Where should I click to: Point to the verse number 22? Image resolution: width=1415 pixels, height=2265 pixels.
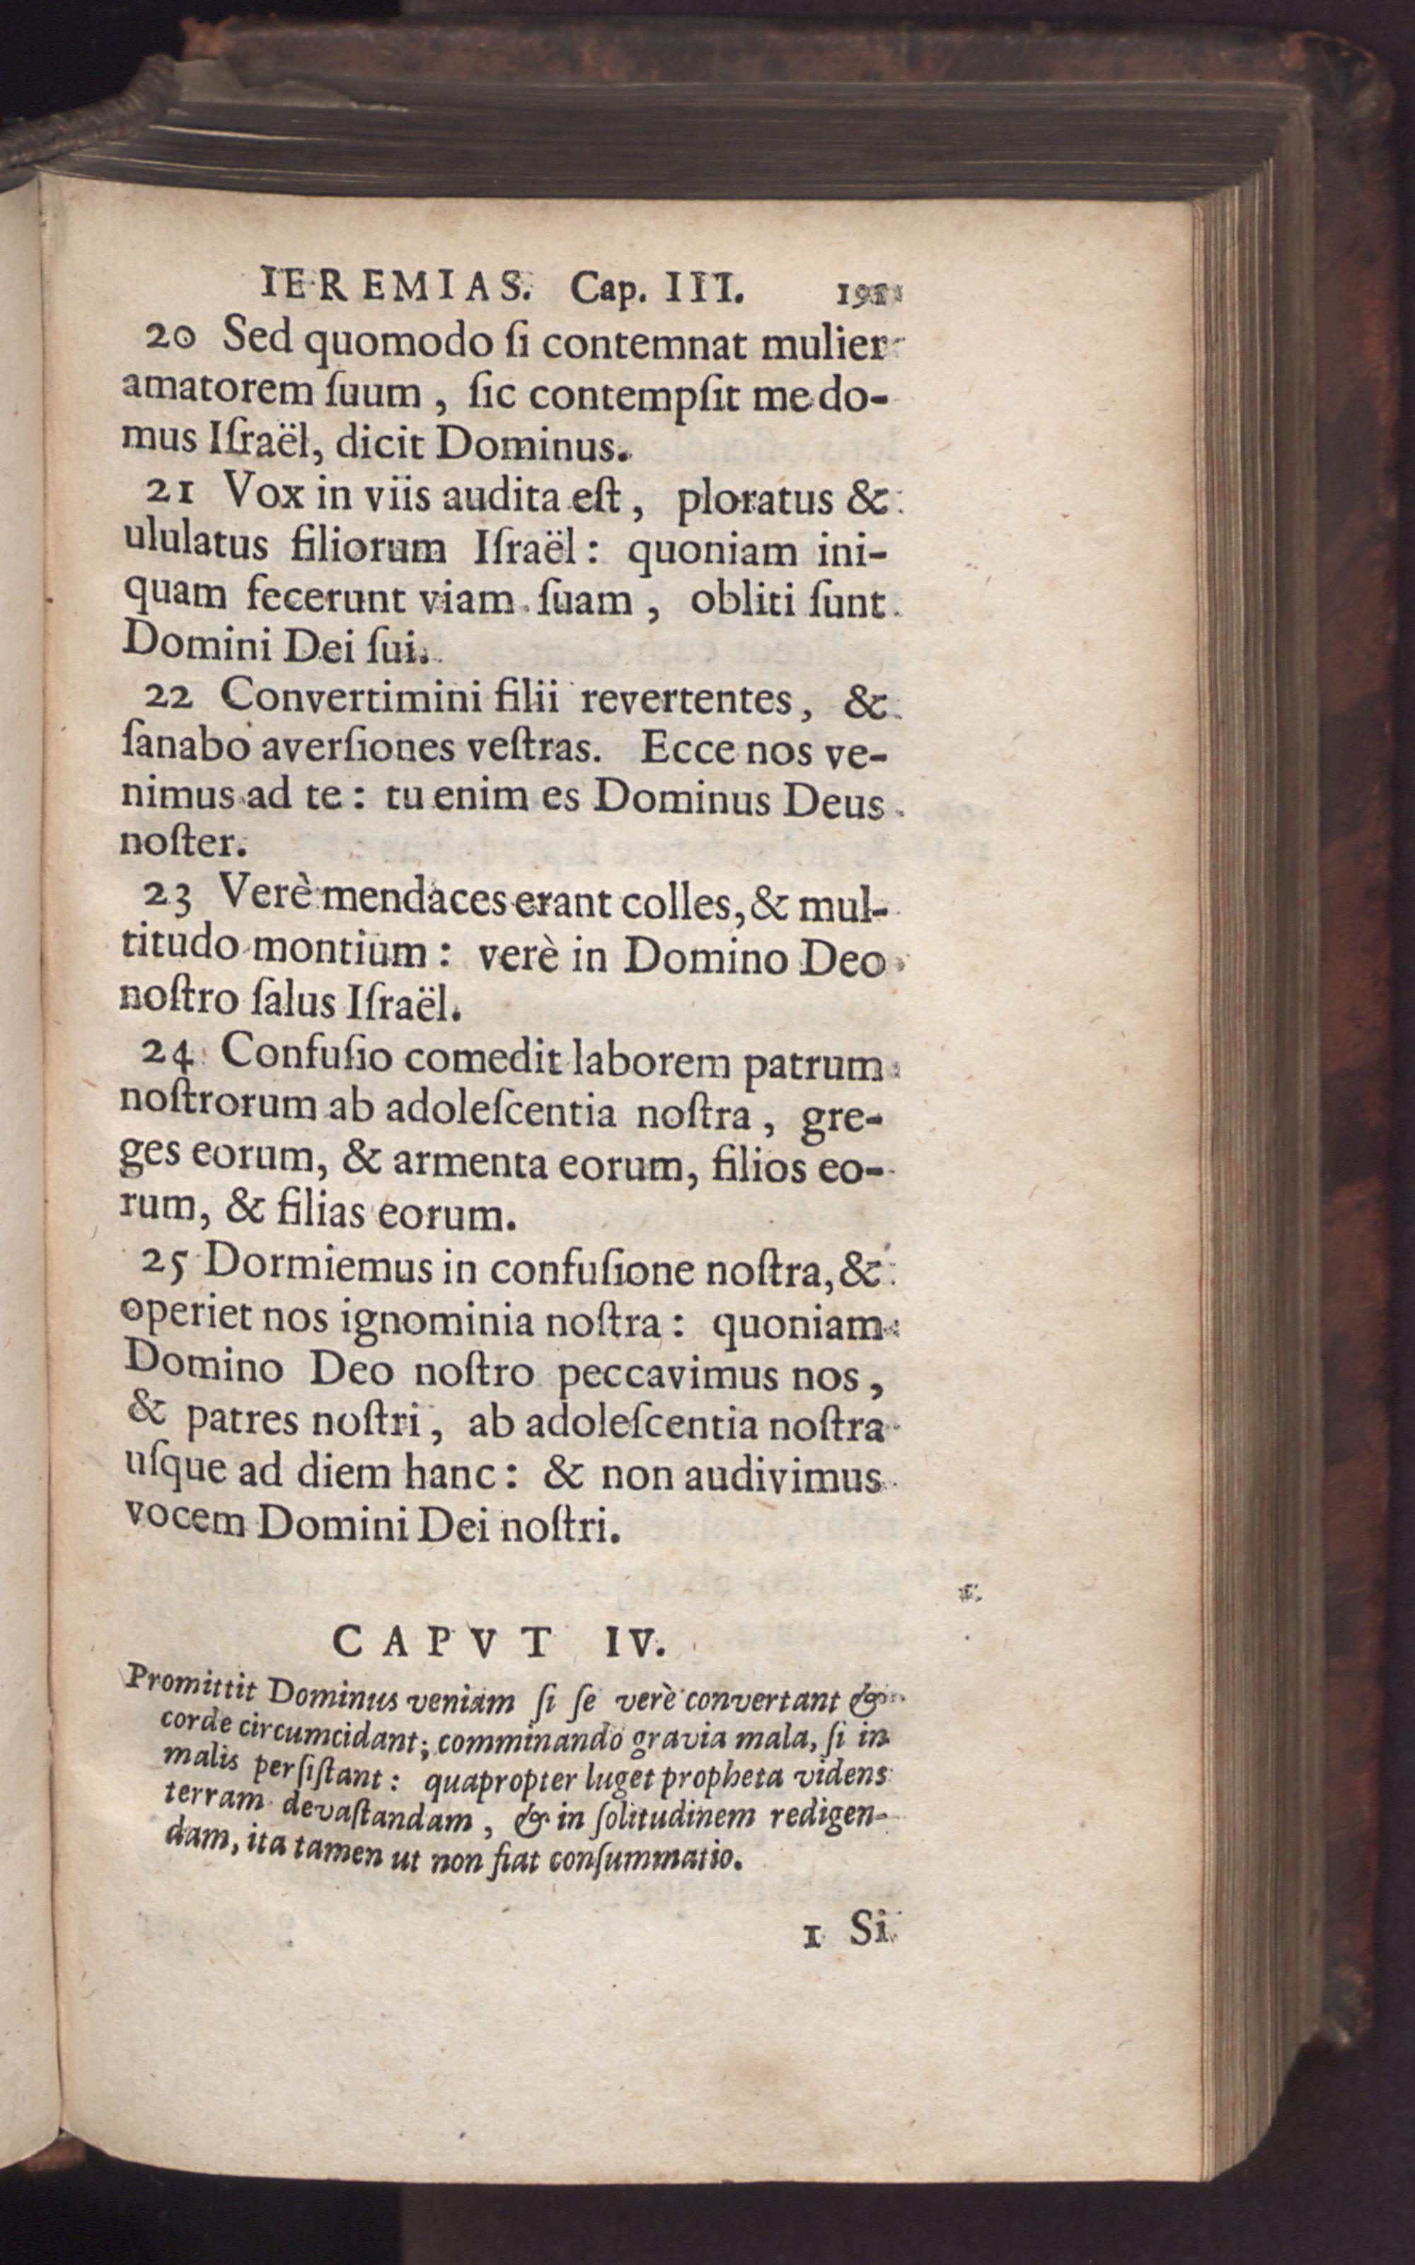(168, 700)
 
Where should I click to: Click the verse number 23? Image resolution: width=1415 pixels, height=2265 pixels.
(168, 902)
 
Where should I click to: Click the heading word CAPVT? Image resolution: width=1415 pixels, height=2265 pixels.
(443, 1640)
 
